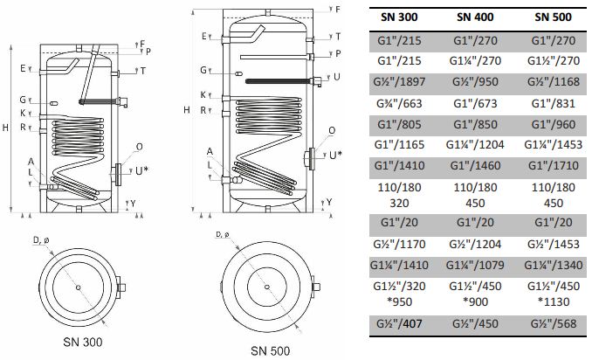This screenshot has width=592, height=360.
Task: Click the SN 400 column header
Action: [475, 17]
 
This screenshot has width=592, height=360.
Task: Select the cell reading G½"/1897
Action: [399, 81]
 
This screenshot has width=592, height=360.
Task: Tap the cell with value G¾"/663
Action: [399, 103]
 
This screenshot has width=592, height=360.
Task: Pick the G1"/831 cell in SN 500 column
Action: [553, 103]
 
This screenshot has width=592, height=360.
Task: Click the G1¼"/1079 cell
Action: [475, 265]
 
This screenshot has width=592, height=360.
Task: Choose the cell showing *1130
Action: [553, 301]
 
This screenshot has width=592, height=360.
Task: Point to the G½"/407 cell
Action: [399, 323]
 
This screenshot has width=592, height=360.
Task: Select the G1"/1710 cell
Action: [553, 165]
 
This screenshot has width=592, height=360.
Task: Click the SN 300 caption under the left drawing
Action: [83, 342]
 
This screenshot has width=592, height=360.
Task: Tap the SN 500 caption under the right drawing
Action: [271, 351]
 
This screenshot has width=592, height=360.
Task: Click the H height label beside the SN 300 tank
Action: [5, 128]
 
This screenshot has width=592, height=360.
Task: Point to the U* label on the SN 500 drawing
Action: [335, 156]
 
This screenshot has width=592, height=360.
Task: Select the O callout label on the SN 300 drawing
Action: [140, 147]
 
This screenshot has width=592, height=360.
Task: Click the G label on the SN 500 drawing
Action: [203, 70]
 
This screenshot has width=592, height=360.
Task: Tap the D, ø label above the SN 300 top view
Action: [41, 240]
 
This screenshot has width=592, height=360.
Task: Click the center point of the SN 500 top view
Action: [267, 287]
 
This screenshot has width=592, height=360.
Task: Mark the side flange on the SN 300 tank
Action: [118, 175]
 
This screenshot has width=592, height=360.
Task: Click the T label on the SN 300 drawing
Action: [142, 71]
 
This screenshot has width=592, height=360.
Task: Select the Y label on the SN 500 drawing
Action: [329, 202]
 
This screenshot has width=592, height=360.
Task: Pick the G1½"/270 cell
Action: [553, 60]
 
